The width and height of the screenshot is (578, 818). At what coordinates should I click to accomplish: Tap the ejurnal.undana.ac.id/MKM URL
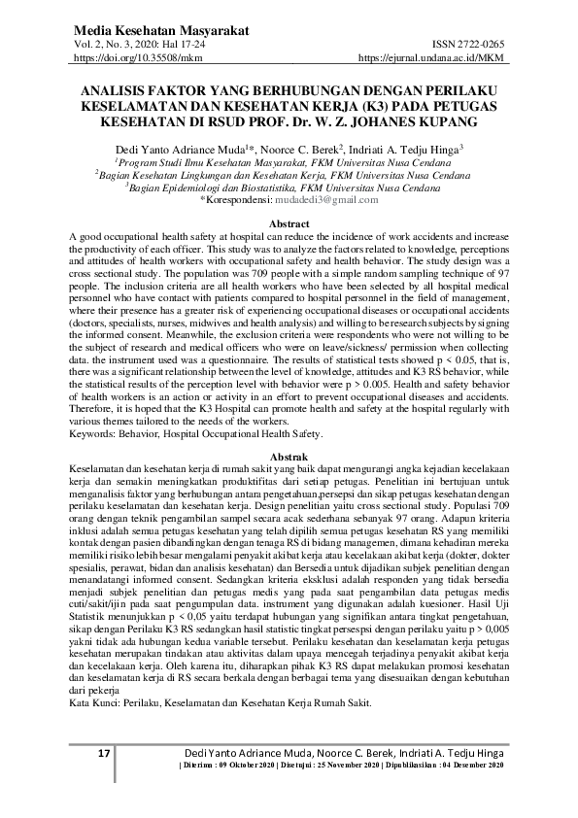coord(431,59)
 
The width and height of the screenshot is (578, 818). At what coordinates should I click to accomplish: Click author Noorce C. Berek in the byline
coord(291,149)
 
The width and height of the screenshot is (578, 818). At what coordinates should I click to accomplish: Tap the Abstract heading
coord(288,223)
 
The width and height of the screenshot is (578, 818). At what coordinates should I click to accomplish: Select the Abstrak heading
coord(288,457)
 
